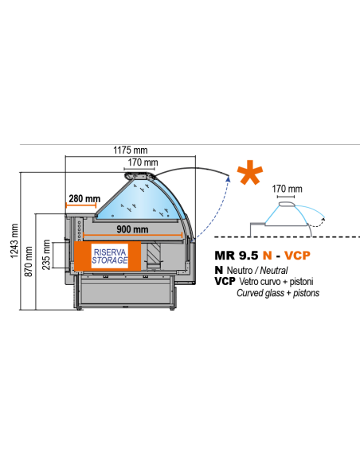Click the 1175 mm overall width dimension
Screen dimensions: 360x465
click(x=131, y=150)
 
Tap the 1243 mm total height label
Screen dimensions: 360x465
click(x=14, y=241)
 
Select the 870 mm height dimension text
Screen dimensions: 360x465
click(x=29, y=262)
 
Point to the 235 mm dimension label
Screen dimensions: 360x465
click(x=46, y=255)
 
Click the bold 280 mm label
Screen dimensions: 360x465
click(x=84, y=198)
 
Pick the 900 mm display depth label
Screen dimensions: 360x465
click(x=132, y=229)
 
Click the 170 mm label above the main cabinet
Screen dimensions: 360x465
click(x=143, y=162)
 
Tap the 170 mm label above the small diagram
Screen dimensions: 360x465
click(x=287, y=189)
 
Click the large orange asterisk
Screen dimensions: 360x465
click(x=249, y=172)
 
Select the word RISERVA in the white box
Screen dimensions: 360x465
click(x=110, y=252)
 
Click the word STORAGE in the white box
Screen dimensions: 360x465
click(x=110, y=260)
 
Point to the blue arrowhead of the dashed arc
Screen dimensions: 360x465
click(x=228, y=178)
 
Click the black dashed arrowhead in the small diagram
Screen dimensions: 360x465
click(x=323, y=220)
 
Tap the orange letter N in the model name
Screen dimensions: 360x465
click(x=267, y=256)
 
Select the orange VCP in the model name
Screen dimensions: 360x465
click(x=297, y=256)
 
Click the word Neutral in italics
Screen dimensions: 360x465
click(x=274, y=271)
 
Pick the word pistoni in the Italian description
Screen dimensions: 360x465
click(x=301, y=282)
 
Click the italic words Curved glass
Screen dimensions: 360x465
click(x=260, y=293)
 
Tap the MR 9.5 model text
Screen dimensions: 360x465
click(x=237, y=256)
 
